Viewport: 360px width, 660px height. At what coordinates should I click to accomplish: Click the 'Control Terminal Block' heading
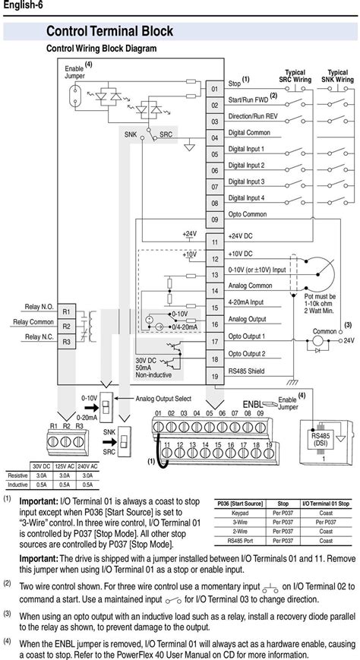point(109,31)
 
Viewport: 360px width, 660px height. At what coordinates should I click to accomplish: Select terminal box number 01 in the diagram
point(215,90)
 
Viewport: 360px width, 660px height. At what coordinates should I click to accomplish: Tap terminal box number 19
point(215,377)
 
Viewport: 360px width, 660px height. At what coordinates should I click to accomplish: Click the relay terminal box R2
point(66,327)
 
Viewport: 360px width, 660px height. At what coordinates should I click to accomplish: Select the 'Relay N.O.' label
point(37,307)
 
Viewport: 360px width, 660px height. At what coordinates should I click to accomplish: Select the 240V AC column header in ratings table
point(87,465)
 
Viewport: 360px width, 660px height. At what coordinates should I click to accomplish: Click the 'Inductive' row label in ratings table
point(17,484)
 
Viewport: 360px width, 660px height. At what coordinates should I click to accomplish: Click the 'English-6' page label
point(20,6)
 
